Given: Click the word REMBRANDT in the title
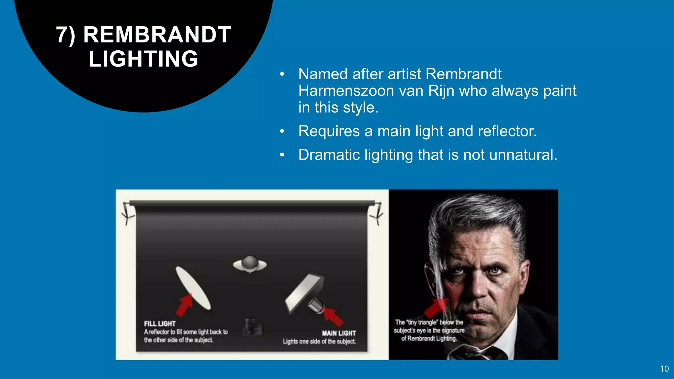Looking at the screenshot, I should pyautogui.click(x=157, y=35).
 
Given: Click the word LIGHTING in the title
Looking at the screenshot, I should pyautogui.click(x=143, y=59).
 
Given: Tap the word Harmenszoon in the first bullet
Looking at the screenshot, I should pyautogui.click(x=346, y=91).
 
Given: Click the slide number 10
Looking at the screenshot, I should pyautogui.click(x=664, y=369).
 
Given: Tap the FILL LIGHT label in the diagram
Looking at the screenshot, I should pyautogui.click(x=160, y=324).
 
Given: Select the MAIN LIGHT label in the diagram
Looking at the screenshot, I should pyautogui.click(x=339, y=333).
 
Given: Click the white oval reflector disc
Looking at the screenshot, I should pyautogui.click(x=193, y=288).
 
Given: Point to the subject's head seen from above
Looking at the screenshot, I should pyautogui.click(x=250, y=264).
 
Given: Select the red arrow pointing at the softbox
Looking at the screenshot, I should pyautogui.click(x=333, y=316).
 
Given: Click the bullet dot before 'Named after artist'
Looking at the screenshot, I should pyautogui.click(x=282, y=74).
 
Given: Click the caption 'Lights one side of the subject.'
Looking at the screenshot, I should pyautogui.click(x=319, y=341).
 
